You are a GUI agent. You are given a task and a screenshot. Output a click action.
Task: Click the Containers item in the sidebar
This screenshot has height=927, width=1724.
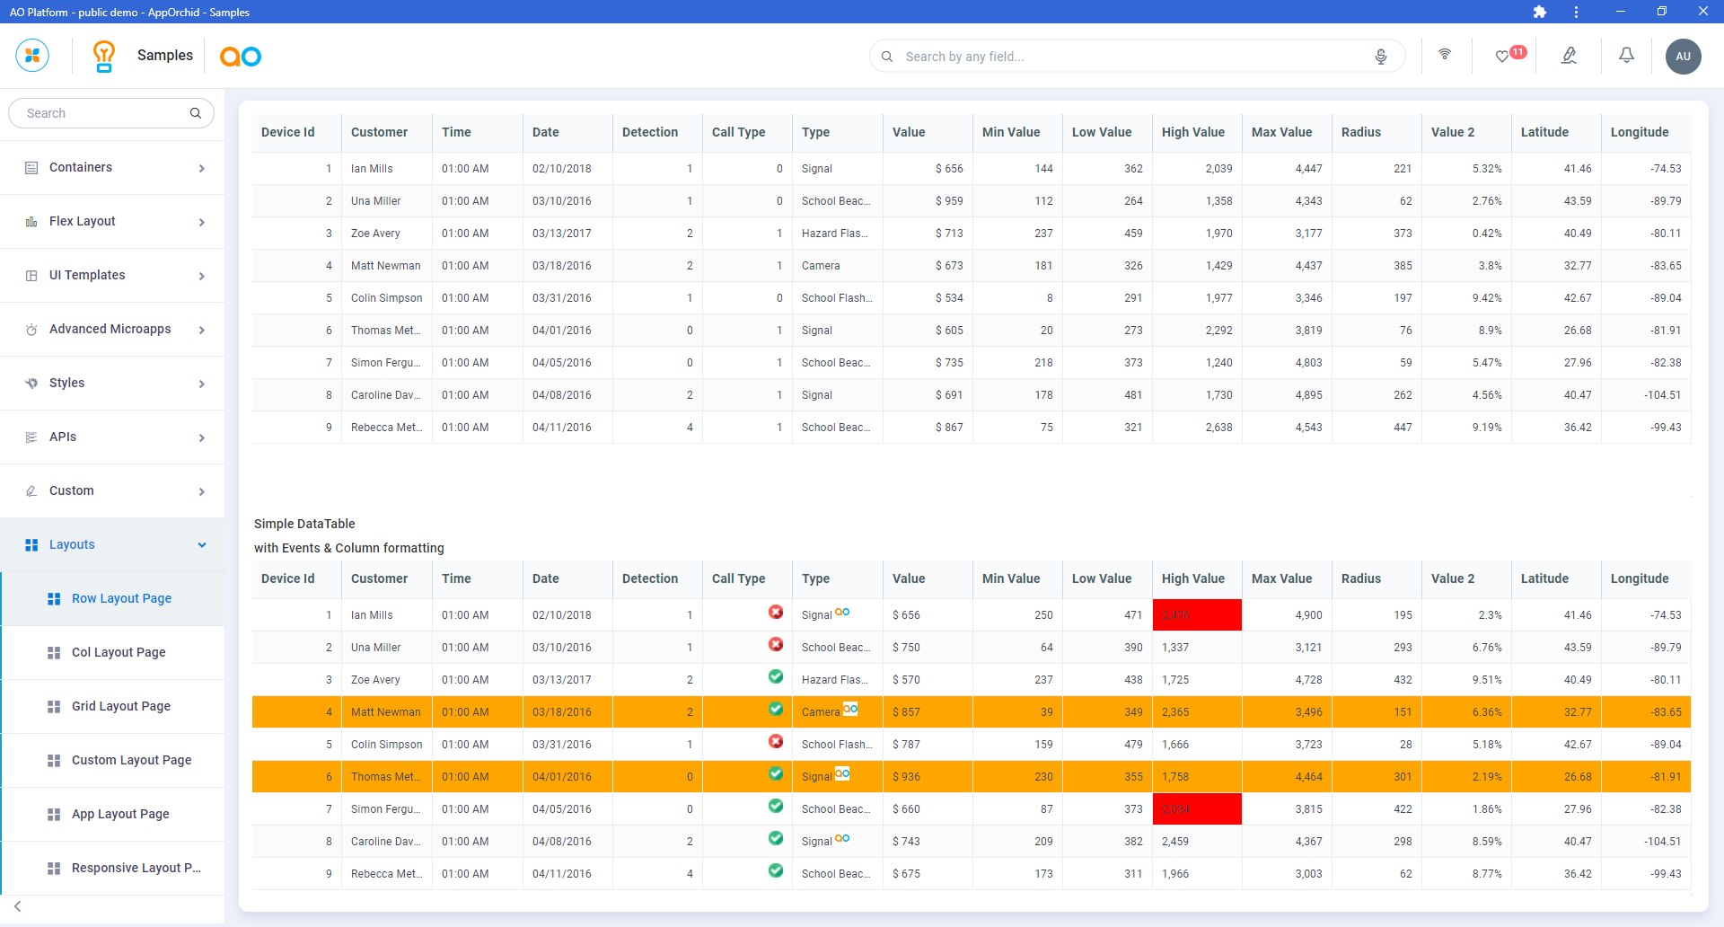point(81,168)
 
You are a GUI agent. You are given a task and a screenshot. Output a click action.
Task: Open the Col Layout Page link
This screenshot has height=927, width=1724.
point(119,653)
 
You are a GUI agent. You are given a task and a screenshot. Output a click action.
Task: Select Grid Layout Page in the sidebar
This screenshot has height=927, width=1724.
point(121,707)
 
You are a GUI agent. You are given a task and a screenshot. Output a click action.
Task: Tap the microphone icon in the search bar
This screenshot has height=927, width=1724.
point(1381,57)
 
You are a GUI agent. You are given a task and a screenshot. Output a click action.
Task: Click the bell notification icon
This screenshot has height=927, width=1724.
point(1626,56)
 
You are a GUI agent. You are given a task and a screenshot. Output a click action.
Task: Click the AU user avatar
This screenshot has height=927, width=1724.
point(1683,57)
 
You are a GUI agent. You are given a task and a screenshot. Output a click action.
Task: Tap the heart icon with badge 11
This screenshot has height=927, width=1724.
point(1502,57)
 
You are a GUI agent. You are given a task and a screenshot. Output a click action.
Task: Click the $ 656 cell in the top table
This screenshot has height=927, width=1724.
point(949,169)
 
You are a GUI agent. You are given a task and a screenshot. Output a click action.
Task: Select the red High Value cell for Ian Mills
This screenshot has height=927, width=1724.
point(1196,615)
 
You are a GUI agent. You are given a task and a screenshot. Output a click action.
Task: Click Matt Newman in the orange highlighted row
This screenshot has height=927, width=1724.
point(386,712)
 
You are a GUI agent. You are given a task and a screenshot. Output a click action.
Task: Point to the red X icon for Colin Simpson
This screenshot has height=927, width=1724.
point(776,742)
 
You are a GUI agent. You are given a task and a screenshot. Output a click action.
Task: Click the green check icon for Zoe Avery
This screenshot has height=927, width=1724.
point(776,677)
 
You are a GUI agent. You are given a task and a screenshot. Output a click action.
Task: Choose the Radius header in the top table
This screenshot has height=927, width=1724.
point(1361,132)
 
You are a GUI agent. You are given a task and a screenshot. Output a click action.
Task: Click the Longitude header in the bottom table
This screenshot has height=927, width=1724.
point(1640,579)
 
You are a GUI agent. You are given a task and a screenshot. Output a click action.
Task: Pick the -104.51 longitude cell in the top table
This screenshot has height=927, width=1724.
point(1662,395)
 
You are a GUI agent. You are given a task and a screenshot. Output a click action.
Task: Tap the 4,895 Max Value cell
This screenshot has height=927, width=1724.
point(1308,395)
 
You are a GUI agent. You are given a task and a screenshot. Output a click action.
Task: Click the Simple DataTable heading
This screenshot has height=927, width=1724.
point(304,524)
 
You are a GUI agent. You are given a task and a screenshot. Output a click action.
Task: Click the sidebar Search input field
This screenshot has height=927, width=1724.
point(103,113)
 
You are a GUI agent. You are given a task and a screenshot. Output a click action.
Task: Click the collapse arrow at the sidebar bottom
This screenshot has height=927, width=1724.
point(18,906)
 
